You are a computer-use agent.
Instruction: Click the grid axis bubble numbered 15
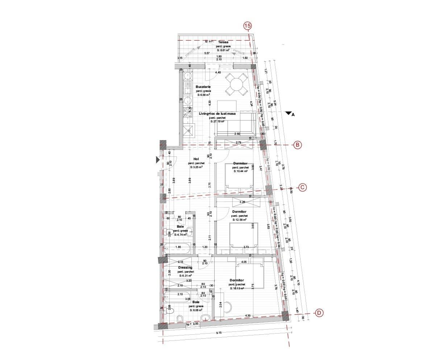click(248, 26)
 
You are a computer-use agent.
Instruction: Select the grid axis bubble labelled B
click(297, 145)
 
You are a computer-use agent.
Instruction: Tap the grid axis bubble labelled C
click(302, 188)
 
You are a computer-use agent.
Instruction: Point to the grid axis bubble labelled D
click(319, 313)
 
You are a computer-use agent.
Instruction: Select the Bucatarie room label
click(203, 87)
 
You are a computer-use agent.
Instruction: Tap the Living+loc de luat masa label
click(217, 114)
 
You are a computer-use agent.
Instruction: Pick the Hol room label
click(196, 159)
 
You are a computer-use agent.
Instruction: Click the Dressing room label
click(185, 268)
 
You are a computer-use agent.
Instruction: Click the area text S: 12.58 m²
click(239, 220)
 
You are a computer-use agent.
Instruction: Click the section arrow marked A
click(289, 114)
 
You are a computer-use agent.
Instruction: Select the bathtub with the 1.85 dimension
click(177, 249)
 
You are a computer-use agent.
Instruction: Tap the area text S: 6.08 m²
click(195, 310)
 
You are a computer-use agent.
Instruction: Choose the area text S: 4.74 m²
click(180, 235)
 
